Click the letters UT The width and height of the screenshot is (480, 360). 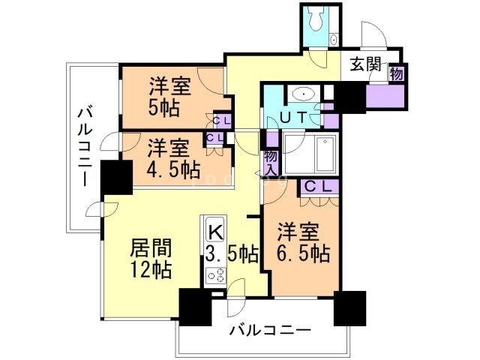click(x=291, y=117)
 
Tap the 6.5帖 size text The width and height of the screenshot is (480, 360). click(x=304, y=253)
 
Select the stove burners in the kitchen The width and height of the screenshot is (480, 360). click(x=214, y=276)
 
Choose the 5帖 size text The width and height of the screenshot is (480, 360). click(x=163, y=107)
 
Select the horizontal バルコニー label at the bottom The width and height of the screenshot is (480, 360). click(x=271, y=329)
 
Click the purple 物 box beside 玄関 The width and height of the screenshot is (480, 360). click(x=396, y=73)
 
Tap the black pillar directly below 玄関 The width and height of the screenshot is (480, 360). click(x=347, y=97)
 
